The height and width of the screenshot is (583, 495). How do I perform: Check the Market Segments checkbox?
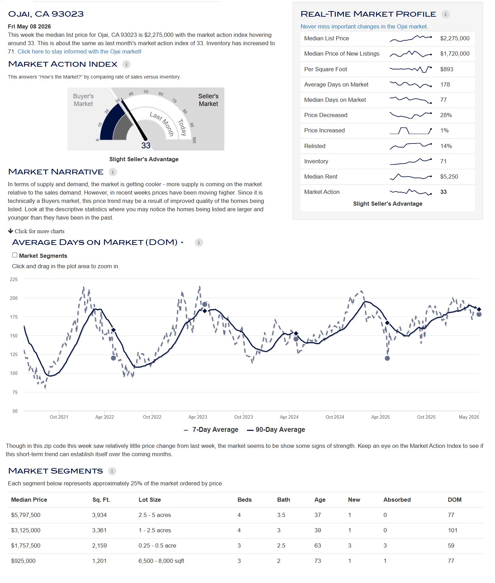coord(15,255)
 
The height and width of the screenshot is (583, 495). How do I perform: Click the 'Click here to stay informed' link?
coord(80,51)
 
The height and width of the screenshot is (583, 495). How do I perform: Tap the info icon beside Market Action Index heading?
coord(126,64)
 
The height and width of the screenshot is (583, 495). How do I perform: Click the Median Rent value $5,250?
coord(449,176)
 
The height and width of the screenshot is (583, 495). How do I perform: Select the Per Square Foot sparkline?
coord(411,69)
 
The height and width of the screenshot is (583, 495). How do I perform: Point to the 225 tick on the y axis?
coord(14,279)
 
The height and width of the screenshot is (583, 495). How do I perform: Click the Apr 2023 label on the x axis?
coord(198,417)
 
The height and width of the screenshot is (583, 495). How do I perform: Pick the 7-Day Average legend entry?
coord(211,430)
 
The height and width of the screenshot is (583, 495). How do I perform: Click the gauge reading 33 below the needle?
coord(146,146)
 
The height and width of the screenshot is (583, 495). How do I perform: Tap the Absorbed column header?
coord(397,500)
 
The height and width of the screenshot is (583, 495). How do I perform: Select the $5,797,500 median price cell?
coord(26,515)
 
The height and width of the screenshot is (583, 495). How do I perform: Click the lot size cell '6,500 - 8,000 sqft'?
coord(161,561)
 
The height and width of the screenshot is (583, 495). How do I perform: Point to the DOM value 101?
coord(453,530)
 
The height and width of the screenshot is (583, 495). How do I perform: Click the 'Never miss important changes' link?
coord(364,26)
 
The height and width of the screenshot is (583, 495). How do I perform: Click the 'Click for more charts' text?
coord(36,231)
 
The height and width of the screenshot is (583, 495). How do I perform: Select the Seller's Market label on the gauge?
coord(208,100)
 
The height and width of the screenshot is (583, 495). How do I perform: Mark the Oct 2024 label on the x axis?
coord(335,417)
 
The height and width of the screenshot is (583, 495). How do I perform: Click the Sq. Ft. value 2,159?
coord(99,545)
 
